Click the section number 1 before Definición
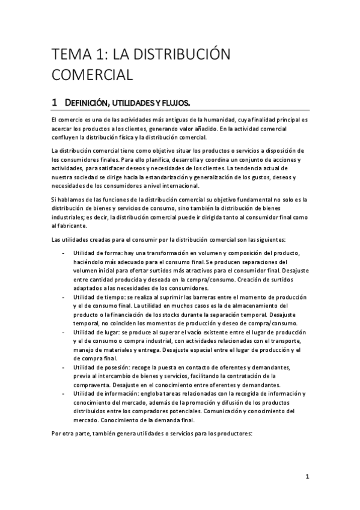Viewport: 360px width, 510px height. tap(55, 103)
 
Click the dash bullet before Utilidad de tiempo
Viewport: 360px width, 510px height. tap(64, 297)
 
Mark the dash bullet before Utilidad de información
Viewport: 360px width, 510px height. tap(64, 393)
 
